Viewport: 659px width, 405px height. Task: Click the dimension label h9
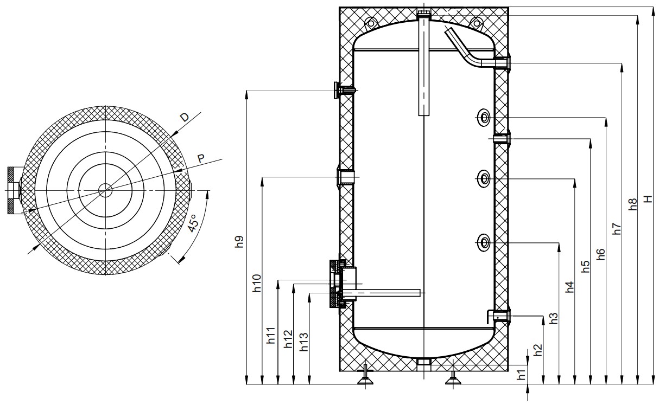tap(240, 242)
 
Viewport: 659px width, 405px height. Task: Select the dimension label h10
tap(257, 284)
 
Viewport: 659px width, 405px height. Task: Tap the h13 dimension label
tap(304, 342)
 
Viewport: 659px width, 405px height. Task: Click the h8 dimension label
tap(632, 204)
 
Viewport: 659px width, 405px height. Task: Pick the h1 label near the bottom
tap(521, 375)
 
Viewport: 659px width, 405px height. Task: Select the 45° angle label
tap(193, 223)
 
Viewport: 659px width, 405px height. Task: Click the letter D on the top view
tap(185, 118)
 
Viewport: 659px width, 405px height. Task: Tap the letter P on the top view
tap(201, 159)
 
